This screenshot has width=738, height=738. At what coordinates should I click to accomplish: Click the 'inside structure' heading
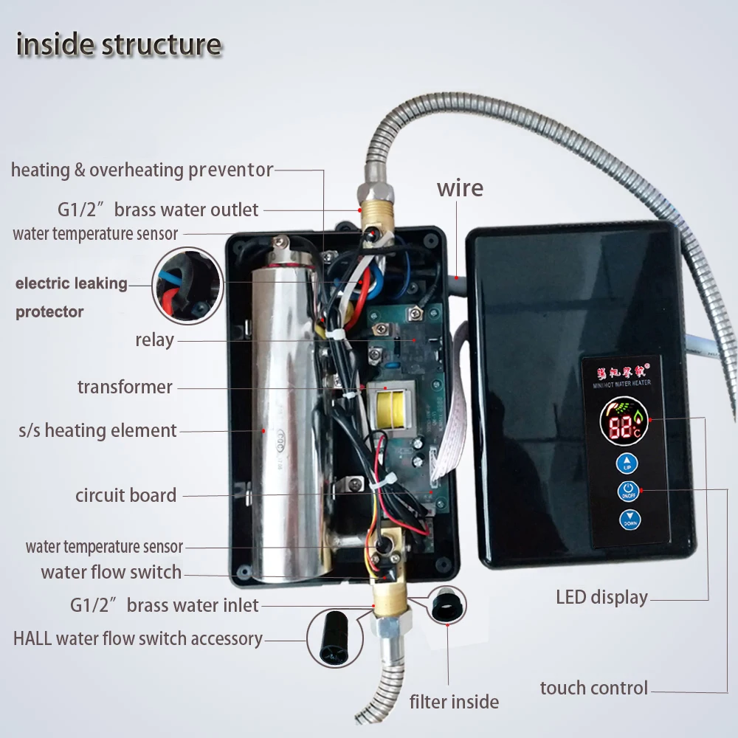(x=119, y=44)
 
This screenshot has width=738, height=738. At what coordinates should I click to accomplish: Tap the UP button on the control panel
(x=627, y=463)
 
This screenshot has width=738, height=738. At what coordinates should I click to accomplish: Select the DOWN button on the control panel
(x=630, y=520)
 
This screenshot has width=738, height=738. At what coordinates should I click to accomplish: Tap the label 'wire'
(x=460, y=187)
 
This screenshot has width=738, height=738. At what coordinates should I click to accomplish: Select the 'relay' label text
(x=154, y=340)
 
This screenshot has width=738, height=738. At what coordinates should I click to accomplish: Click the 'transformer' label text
(x=125, y=387)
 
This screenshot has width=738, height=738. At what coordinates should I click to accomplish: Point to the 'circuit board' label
(x=125, y=495)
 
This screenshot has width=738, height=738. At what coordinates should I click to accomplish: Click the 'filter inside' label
(x=454, y=701)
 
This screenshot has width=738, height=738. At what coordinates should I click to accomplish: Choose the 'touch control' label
(x=593, y=689)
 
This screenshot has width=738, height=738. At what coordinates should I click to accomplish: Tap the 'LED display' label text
(x=601, y=597)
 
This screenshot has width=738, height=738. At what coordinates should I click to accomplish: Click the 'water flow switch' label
(x=111, y=572)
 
